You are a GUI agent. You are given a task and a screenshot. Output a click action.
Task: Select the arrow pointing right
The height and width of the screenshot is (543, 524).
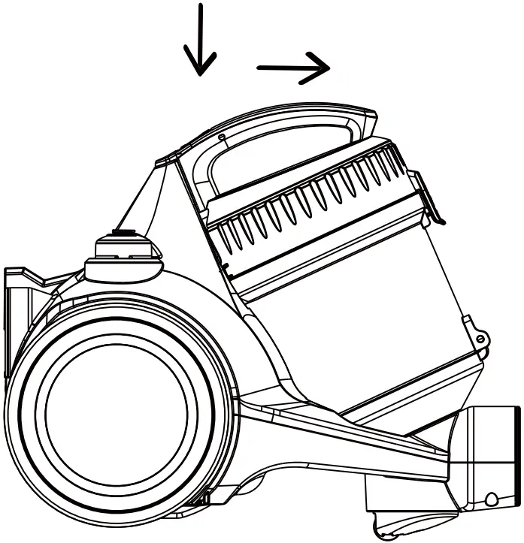click(294, 68)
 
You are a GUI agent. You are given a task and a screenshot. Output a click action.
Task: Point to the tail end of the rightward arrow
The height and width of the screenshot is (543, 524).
click(259, 69)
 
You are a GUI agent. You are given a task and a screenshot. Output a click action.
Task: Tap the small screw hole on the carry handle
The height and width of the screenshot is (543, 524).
click(221, 137)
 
